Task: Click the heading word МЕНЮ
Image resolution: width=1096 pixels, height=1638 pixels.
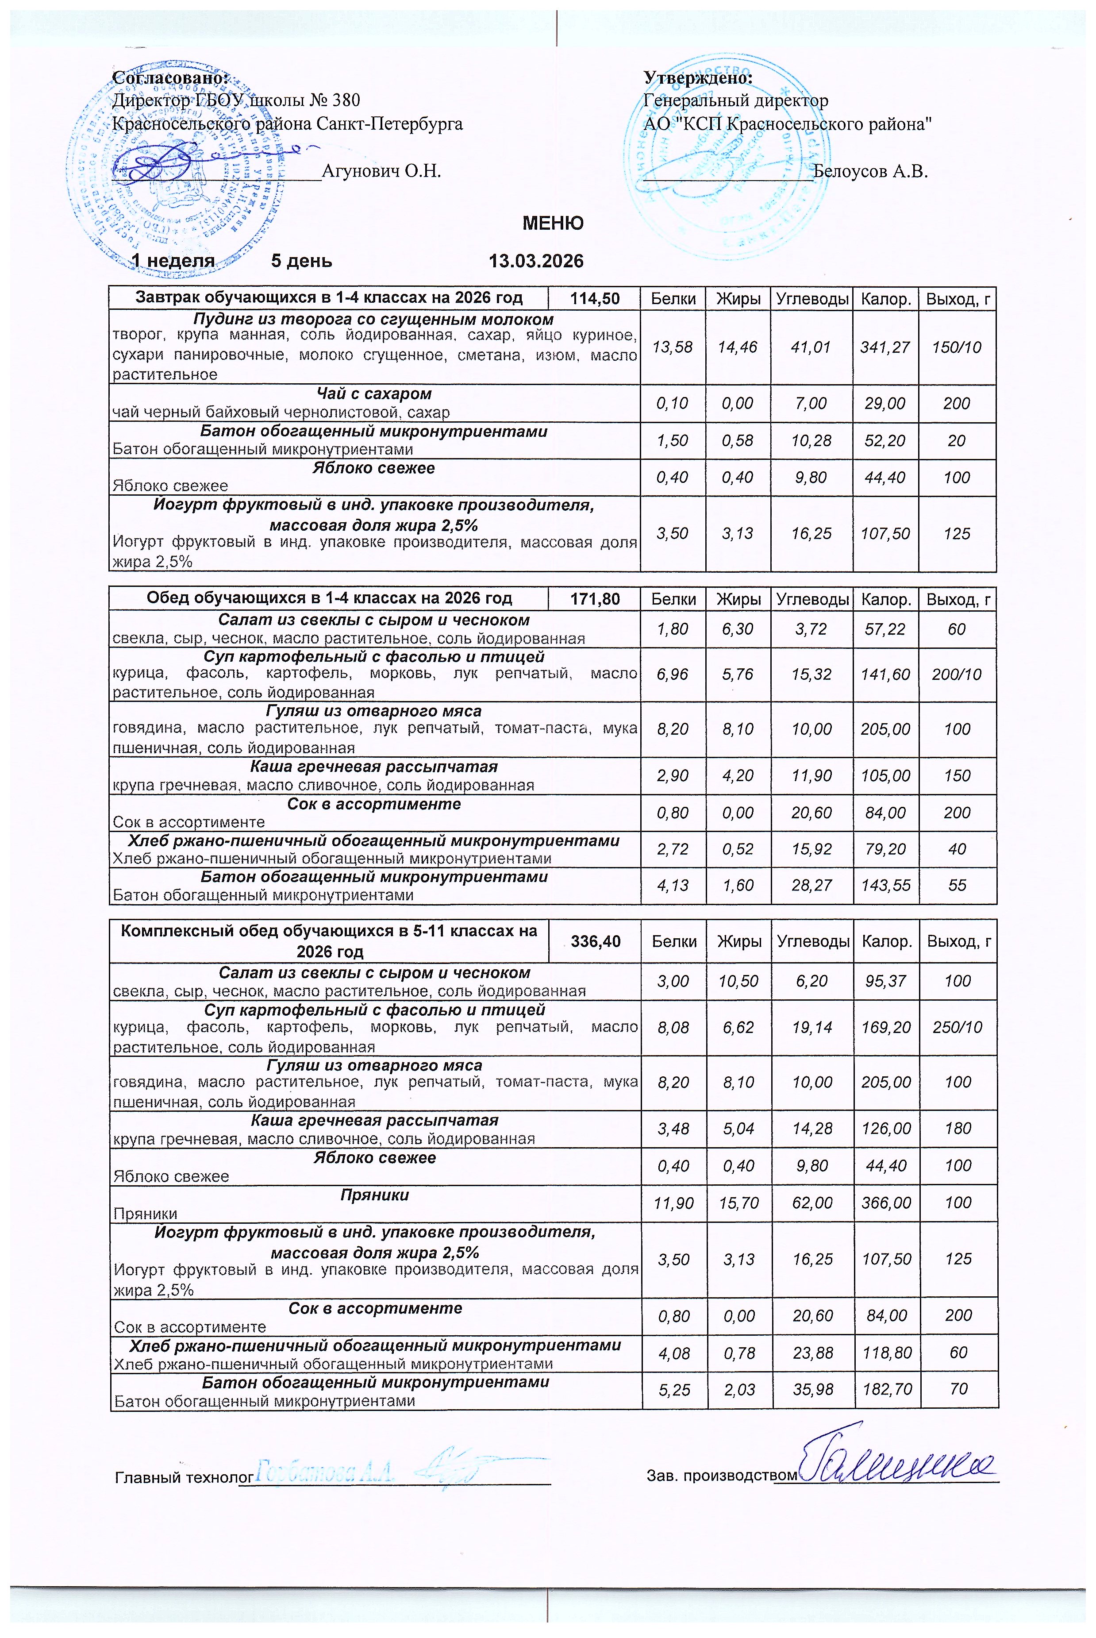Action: tap(553, 224)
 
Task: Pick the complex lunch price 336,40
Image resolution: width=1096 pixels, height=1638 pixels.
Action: tap(596, 941)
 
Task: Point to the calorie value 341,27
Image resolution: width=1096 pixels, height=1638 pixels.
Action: tap(885, 347)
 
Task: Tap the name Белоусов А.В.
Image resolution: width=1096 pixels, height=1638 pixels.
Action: tap(870, 170)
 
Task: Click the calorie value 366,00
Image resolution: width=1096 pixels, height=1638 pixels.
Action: tap(886, 1202)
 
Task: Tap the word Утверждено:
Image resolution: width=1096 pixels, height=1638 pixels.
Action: tap(698, 76)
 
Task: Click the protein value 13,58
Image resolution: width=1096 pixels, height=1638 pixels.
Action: tap(673, 347)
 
